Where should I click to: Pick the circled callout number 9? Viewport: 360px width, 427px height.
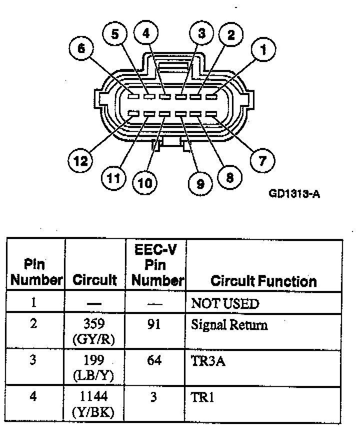200,184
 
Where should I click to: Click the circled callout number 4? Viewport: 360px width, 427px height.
146,33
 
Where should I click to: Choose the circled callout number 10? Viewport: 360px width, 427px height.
145,183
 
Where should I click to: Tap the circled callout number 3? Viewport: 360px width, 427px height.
201,33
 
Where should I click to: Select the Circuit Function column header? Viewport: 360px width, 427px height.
263,281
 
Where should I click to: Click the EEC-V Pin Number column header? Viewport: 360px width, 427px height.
157,265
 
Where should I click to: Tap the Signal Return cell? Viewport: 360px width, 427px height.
229,325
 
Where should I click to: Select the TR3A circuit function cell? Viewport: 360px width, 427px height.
208,361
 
